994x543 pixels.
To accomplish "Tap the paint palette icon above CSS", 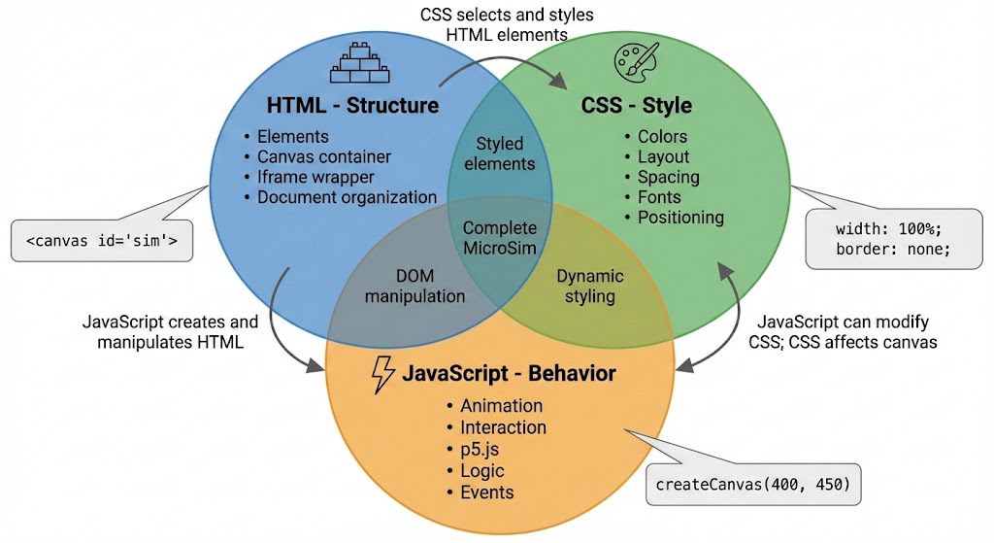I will tap(636, 61).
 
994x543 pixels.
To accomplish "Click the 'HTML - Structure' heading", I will tap(353, 105).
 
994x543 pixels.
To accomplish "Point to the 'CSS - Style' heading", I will tap(636, 105).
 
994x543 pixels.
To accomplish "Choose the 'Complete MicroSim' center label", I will tap(500, 238).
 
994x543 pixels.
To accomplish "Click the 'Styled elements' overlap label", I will tap(500, 153).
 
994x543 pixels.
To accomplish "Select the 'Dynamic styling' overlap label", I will tap(590, 287).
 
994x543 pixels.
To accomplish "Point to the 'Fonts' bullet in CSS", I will tap(659, 197).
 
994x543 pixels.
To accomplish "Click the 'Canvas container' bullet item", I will tap(324, 156).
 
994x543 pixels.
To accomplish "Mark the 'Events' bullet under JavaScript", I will tap(487, 492).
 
